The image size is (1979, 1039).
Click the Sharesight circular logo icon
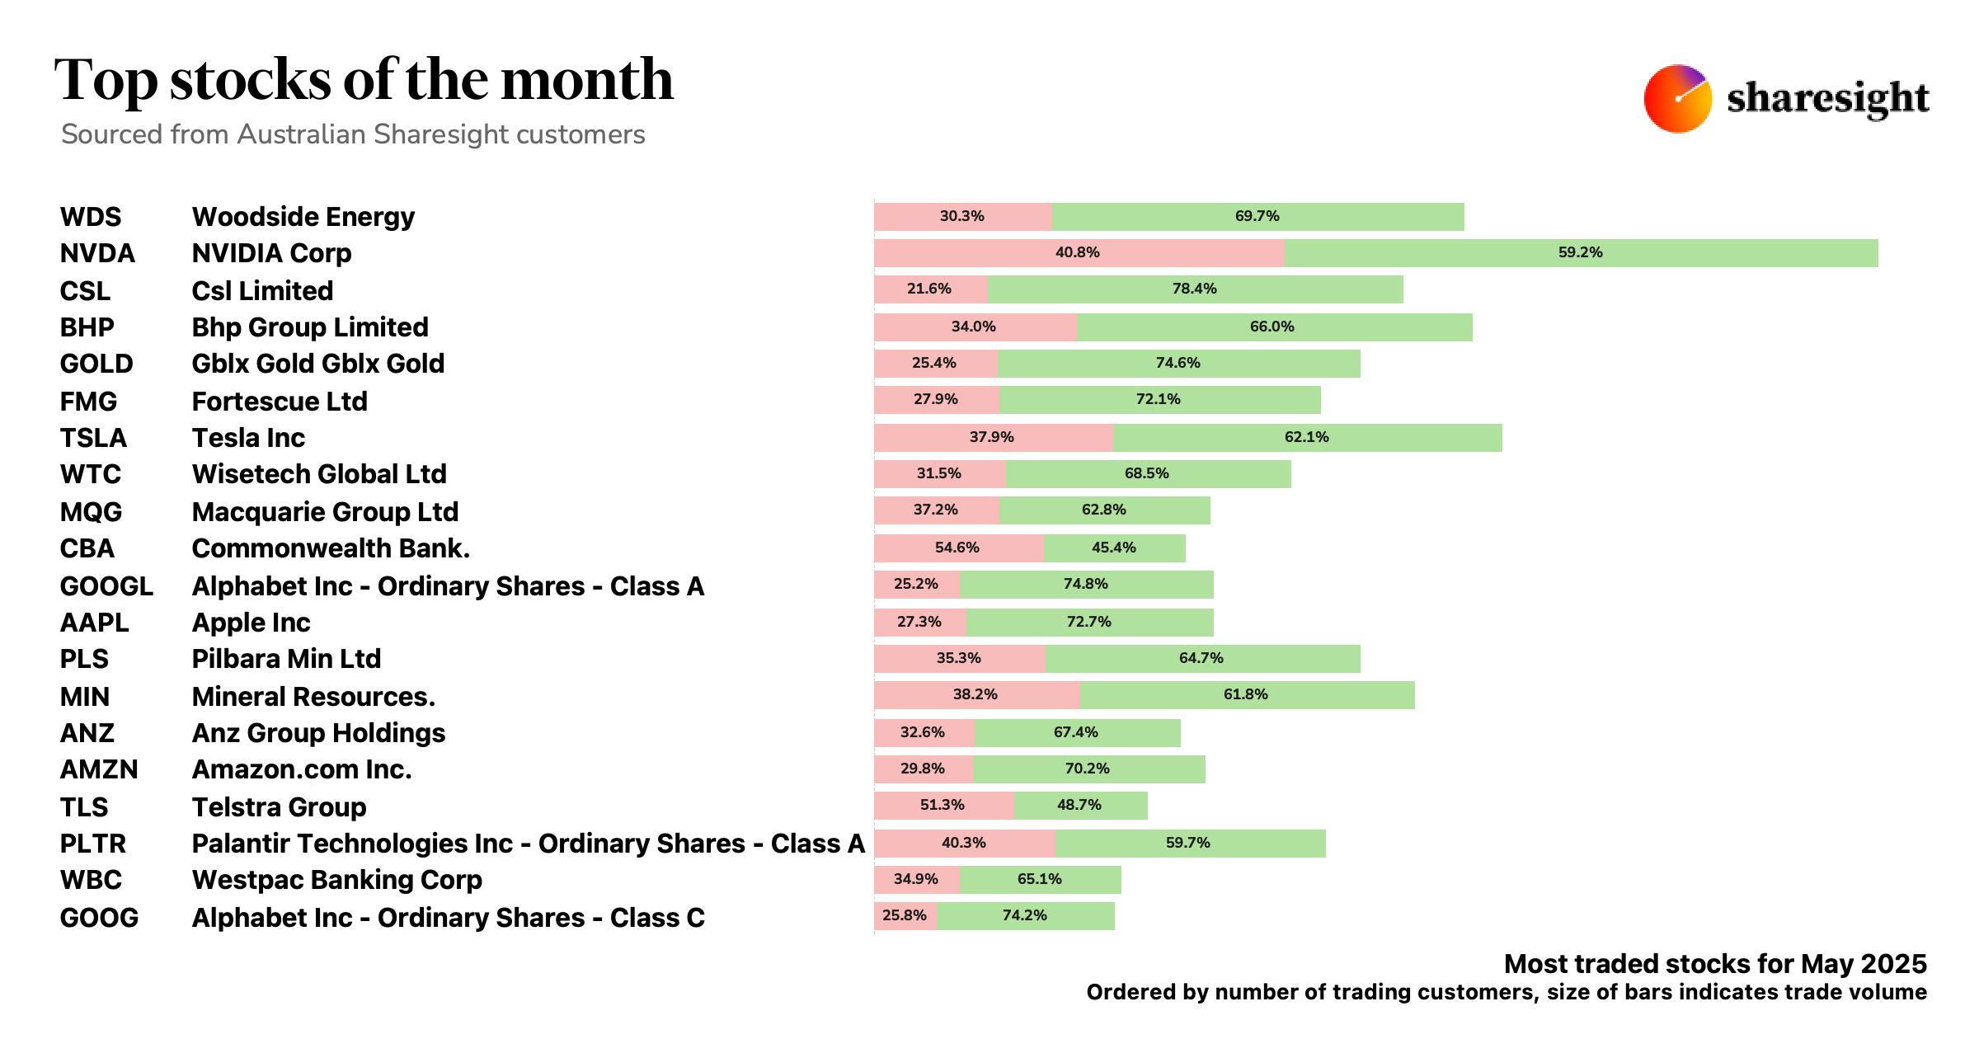(x=1677, y=99)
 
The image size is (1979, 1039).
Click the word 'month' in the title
(x=587, y=80)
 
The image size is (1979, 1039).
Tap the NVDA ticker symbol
(x=97, y=253)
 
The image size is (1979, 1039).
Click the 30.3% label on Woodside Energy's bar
(x=961, y=216)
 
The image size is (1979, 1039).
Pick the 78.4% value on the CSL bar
(x=1194, y=289)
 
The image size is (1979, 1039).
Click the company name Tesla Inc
(x=248, y=438)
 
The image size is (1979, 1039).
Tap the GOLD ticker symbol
(x=96, y=364)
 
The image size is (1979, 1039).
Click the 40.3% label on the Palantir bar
(x=963, y=843)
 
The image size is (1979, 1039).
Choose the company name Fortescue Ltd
(x=280, y=402)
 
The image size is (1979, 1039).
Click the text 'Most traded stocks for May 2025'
(x=1715, y=964)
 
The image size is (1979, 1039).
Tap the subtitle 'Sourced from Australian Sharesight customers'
(x=353, y=134)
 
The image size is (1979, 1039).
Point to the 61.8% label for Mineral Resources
(x=1245, y=694)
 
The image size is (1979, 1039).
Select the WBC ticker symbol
(x=91, y=880)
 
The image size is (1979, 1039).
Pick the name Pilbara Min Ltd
(x=286, y=659)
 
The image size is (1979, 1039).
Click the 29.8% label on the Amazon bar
(x=922, y=769)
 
